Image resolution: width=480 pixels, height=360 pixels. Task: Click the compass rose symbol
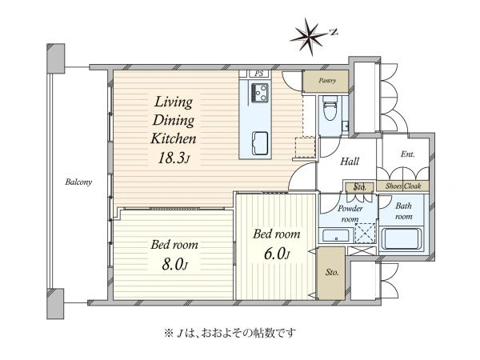point(309,37)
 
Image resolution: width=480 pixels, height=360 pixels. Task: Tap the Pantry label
point(327,81)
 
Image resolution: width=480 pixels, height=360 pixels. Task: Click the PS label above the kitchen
point(259,74)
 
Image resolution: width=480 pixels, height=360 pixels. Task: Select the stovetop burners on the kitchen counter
point(260,93)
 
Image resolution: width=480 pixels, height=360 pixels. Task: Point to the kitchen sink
point(260,143)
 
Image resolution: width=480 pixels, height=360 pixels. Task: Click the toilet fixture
point(330,109)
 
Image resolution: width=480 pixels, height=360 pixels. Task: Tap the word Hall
point(350,162)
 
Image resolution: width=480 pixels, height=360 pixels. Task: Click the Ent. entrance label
point(407,154)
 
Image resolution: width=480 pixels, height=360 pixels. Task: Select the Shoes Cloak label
point(403,186)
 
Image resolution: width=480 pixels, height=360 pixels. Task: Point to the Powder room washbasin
point(336,236)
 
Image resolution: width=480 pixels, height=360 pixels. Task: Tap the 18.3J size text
point(174,158)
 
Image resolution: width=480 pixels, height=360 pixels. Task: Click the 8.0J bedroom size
point(174,264)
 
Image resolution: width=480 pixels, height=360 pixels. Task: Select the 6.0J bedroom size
point(277,254)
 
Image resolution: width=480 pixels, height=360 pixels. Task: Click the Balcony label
point(78,182)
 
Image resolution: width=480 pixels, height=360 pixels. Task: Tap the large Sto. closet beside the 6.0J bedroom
point(331,274)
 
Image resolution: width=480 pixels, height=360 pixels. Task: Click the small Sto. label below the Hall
point(359,186)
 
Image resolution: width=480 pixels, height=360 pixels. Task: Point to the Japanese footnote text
point(230,333)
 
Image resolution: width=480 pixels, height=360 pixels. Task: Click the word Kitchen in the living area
point(174,139)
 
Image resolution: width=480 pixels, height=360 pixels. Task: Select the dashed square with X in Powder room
point(366,234)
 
